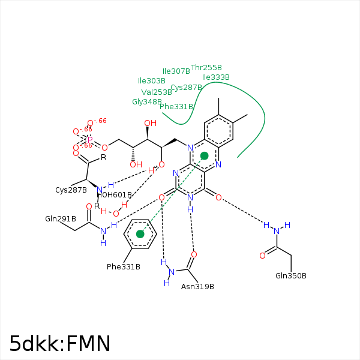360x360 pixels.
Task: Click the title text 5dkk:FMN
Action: [60, 343]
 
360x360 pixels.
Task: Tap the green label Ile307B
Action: [176, 71]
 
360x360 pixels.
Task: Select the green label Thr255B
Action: [206, 68]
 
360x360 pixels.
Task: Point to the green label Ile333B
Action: [216, 77]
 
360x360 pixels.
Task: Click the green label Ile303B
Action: [152, 80]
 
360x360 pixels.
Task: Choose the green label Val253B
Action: [157, 92]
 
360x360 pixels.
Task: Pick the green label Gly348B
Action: [147, 102]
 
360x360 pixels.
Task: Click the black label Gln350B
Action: [291, 275]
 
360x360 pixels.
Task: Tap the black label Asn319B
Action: [197, 286]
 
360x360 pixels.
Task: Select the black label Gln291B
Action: [61, 218]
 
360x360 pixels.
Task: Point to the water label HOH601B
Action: [114, 195]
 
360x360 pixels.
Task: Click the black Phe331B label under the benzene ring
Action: [124, 266]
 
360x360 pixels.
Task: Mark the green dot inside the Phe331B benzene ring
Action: [140, 234]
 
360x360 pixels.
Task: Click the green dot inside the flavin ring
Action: [205, 156]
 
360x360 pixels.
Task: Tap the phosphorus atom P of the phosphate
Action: [90, 139]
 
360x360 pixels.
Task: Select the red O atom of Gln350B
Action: [262, 256]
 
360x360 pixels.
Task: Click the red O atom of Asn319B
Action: [194, 254]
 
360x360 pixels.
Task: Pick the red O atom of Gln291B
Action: [89, 207]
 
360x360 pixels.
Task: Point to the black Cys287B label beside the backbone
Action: [71, 190]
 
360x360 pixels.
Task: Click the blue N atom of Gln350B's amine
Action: [277, 231]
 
